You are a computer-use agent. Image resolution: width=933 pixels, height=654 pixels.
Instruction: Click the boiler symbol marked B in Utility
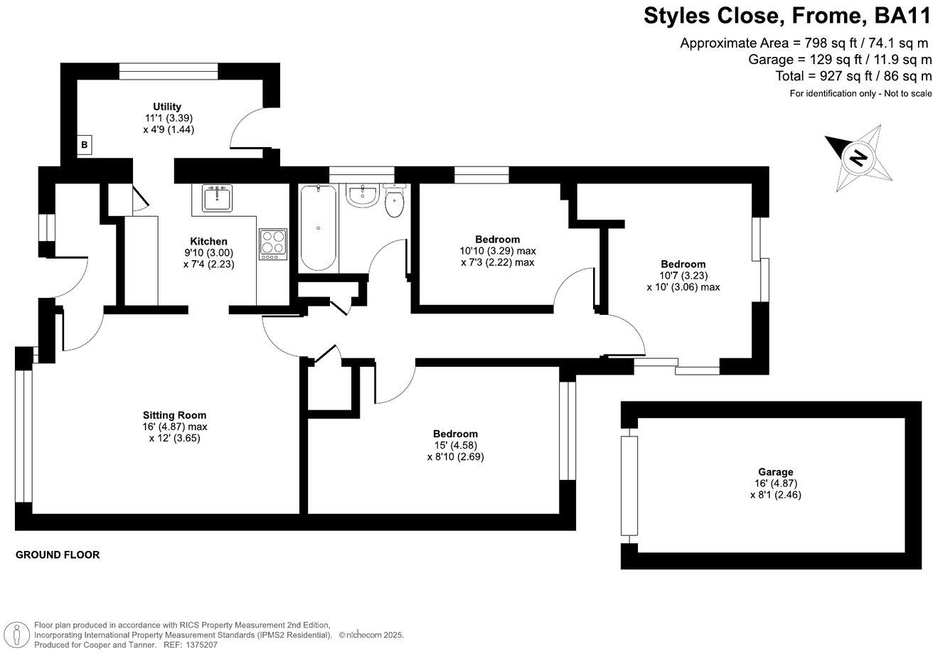[x=85, y=145]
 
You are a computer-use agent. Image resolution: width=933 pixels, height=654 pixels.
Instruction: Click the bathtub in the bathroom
[x=317, y=227]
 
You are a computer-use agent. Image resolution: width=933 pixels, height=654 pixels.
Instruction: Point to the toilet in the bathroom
[x=394, y=201]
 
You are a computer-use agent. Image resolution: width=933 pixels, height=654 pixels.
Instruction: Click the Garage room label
[x=775, y=472]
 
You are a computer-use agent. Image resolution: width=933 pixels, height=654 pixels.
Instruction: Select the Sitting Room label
[x=174, y=415]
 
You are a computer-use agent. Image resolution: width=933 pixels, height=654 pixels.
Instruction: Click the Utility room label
[x=168, y=107]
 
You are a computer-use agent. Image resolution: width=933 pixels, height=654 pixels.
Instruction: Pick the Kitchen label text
[x=208, y=241]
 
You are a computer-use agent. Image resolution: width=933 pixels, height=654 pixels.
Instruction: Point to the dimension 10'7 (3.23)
[x=683, y=276]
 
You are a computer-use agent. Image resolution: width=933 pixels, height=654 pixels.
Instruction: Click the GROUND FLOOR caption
[x=58, y=554]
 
